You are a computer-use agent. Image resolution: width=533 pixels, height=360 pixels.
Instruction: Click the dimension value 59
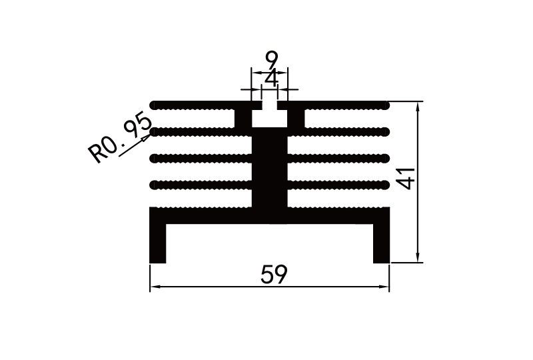pyautogui.click(x=274, y=274)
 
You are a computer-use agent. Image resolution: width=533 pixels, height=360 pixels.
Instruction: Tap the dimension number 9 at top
pyautogui.click(x=271, y=59)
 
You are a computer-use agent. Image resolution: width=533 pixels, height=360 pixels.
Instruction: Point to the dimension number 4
pyautogui.click(x=271, y=79)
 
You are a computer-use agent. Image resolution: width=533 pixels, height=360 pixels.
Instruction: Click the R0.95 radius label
pyautogui.click(x=121, y=139)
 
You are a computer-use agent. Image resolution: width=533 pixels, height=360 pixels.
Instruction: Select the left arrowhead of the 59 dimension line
pyautogui.click(x=154, y=287)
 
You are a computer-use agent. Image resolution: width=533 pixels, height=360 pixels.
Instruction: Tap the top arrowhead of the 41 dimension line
pyautogui.click(x=418, y=105)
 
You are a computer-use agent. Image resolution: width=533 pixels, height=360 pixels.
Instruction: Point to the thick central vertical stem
pyautogui.click(x=270, y=173)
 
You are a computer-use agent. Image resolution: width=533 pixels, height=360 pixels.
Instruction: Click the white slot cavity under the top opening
pyautogui.click(x=270, y=118)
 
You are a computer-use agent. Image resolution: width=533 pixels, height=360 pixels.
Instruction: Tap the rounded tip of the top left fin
pyautogui.click(x=155, y=105)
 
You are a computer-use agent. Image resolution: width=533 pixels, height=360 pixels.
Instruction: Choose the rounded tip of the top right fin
pyautogui.click(x=385, y=105)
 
